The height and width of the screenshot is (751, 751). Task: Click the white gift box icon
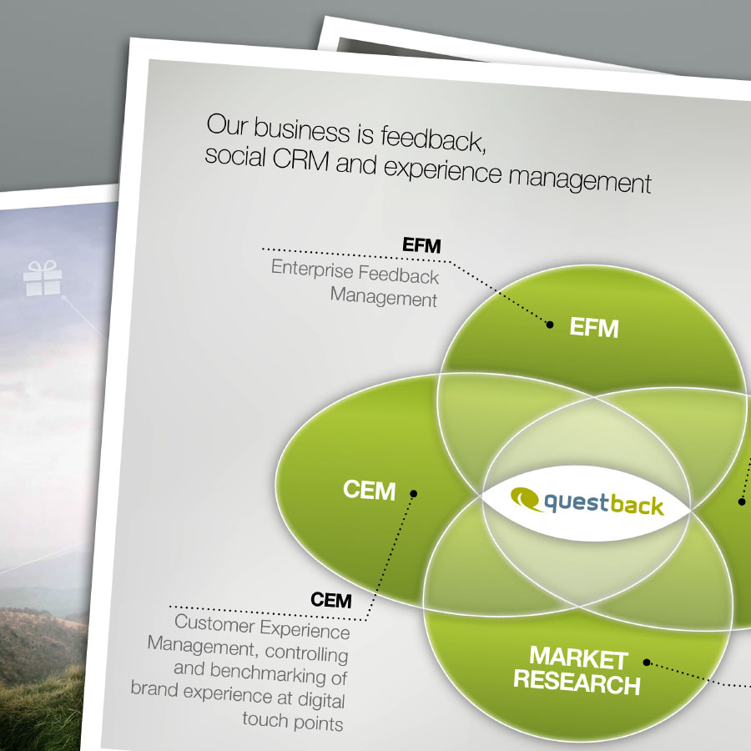(x=43, y=278)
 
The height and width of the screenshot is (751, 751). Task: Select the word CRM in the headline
(x=301, y=159)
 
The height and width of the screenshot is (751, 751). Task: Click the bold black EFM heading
(x=421, y=244)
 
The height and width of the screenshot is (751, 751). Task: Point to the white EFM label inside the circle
(x=594, y=328)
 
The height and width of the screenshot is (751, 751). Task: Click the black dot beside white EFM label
(x=550, y=325)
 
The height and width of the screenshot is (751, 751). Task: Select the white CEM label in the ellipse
(x=370, y=490)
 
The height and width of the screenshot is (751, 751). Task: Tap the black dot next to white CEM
(x=413, y=493)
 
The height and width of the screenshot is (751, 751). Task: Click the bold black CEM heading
(x=331, y=600)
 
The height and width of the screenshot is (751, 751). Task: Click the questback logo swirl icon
(x=526, y=499)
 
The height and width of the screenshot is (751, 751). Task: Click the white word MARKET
(x=578, y=658)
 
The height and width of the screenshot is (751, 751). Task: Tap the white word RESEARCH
(x=577, y=682)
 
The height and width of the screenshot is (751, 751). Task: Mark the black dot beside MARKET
(x=647, y=663)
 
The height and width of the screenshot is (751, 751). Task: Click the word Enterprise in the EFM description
(x=312, y=270)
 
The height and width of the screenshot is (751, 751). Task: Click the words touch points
(x=293, y=721)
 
